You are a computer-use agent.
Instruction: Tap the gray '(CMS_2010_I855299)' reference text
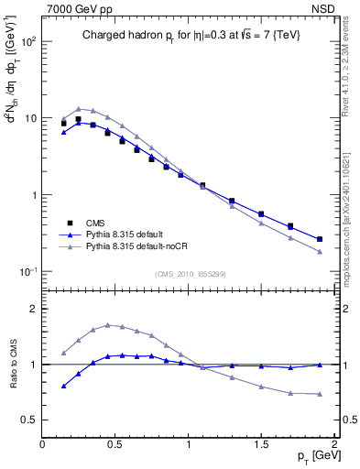pos(190,274)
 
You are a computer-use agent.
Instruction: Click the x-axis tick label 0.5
pos(115,444)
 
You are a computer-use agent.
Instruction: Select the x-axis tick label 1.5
pos(261,444)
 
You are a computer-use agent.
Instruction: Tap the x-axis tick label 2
pos(334,444)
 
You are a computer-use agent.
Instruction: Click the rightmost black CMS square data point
pos(320,239)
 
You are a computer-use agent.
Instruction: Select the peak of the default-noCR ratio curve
pos(108,324)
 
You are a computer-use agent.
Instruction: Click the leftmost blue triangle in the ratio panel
pos(63,386)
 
